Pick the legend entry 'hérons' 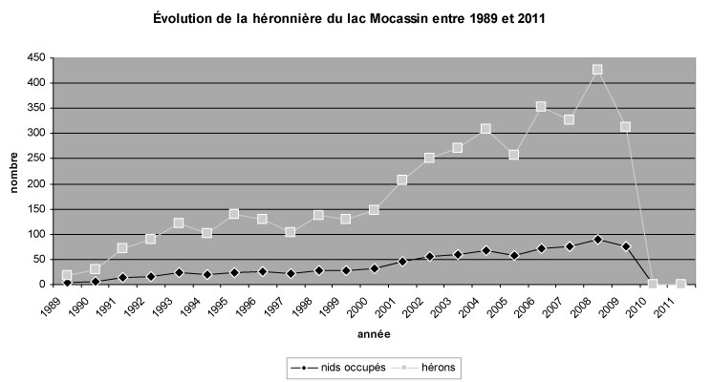coord(421,365)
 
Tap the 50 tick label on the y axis coord(35,260)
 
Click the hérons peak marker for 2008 coord(597,70)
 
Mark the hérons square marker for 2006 coord(541,107)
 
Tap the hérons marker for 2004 coord(485,129)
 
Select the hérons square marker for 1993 coord(179,223)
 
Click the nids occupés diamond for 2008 coord(597,239)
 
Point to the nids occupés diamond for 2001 coord(402,261)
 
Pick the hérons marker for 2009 coord(625,127)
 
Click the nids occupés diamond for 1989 coord(67,283)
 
